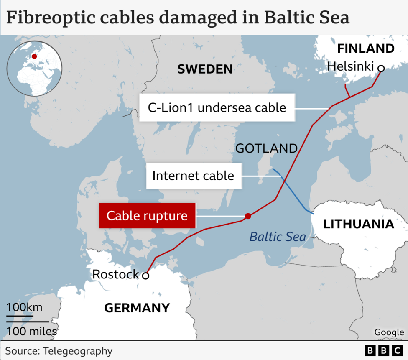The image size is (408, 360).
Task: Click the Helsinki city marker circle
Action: pos(381,68)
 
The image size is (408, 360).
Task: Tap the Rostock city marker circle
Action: pos(145,276)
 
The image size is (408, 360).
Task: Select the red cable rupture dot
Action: pos(248,216)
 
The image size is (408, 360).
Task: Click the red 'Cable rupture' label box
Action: pos(147,216)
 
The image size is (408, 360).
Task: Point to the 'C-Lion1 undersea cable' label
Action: pos(217,107)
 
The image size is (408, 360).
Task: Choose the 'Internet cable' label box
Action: pos(193,175)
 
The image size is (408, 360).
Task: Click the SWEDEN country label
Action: pos(205,69)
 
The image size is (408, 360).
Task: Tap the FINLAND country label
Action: pos(365,49)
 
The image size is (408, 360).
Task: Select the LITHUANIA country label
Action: pos(358,224)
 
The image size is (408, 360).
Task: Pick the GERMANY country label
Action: pos(137,308)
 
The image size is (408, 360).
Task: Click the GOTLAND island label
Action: pos(266,148)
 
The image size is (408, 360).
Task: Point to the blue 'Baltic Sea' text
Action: pos(277,237)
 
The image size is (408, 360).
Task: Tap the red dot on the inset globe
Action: pos(34,56)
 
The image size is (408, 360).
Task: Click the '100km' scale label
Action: pos(24,307)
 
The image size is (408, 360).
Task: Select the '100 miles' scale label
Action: pos(31,332)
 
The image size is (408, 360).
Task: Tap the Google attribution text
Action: pos(389,332)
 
